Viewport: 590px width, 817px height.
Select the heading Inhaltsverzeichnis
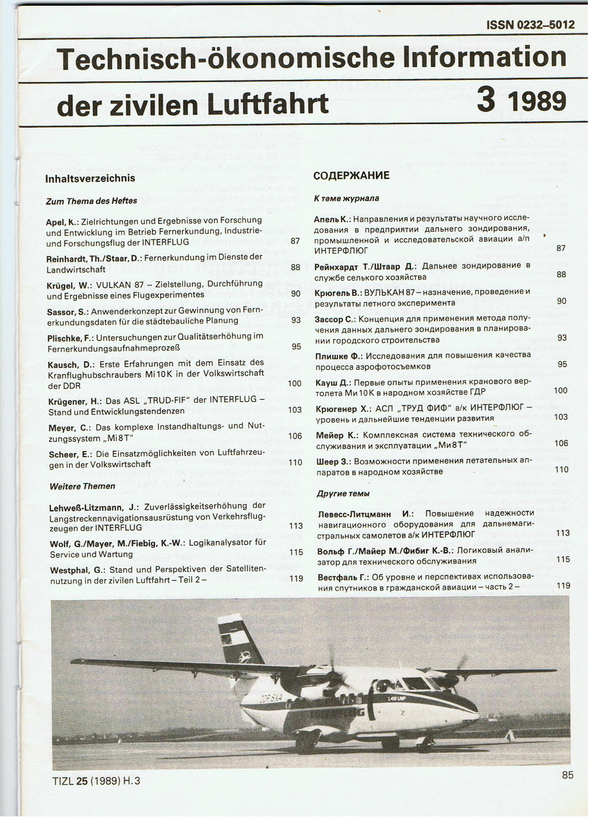pyautogui.click(x=90, y=178)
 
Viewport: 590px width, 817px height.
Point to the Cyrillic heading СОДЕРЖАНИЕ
pyautogui.click(x=351, y=175)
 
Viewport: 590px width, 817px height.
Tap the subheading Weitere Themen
pyautogui.click(x=82, y=486)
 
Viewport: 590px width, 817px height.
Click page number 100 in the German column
pyautogui.click(x=294, y=383)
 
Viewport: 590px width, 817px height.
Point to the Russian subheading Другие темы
pyautogui.click(x=343, y=494)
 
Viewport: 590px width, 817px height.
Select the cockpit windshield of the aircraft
pyautogui.click(x=418, y=683)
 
